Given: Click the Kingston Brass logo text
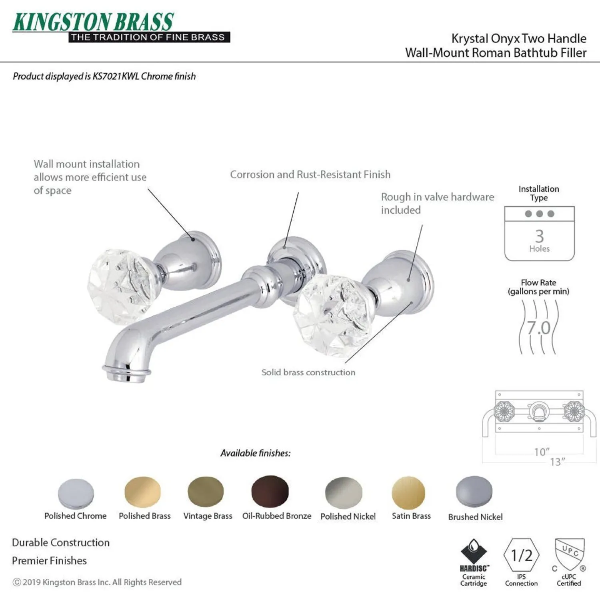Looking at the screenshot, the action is point(93,22).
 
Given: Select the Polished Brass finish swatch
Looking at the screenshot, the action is point(142,492).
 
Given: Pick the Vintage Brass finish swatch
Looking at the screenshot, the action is point(206,492).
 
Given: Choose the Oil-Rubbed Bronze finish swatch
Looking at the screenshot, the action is point(270,491).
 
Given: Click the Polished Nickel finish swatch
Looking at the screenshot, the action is point(344,493).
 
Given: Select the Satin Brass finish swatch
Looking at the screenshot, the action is point(408,492).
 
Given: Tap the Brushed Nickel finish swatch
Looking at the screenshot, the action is point(474,492).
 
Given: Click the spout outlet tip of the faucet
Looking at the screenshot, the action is point(126,374).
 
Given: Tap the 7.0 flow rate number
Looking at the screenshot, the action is point(539,328).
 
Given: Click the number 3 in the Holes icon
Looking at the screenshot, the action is point(540,236).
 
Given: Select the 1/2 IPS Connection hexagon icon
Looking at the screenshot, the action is point(522,555).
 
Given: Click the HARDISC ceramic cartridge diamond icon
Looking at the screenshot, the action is point(474,552).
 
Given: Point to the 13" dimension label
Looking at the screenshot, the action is point(558,462).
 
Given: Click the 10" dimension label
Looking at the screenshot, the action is point(542,452).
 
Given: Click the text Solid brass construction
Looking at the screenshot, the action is point(308,372).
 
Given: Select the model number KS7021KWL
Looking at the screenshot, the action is point(116,76).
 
